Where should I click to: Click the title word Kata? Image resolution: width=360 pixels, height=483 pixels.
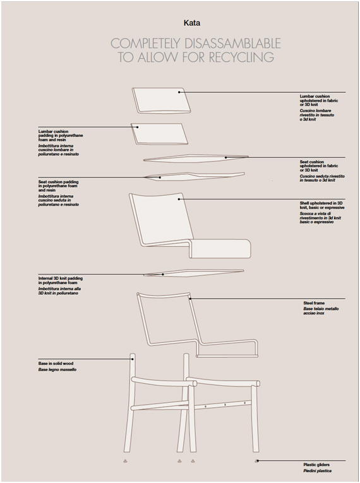click(192, 23)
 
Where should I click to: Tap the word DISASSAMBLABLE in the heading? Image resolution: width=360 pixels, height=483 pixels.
click(232, 44)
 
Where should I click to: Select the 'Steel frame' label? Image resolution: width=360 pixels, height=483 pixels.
click(314, 303)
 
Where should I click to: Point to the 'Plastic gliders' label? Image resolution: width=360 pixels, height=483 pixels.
click(316, 465)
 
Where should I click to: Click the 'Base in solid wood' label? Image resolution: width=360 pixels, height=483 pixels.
click(56, 364)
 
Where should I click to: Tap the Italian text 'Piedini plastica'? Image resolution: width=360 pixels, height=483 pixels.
click(317, 470)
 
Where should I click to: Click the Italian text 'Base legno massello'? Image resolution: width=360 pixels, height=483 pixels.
click(57, 369)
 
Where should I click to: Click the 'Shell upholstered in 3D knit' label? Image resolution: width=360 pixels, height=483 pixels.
click(322, 205)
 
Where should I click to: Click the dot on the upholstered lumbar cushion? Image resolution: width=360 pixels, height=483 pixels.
click(179, 92)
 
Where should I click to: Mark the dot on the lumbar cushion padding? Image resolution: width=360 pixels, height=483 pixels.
click(138, 127)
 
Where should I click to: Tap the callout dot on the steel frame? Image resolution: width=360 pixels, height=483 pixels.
click(190, 299)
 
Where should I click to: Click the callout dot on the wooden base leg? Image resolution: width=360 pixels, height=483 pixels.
click(133, 359)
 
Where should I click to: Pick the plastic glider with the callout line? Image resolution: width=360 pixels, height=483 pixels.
click(256, 461)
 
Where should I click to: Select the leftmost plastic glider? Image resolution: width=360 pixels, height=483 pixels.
click(125, 461)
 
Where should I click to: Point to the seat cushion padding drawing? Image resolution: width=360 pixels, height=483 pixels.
click(194, 176)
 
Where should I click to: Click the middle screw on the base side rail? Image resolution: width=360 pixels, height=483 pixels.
click(225, 405)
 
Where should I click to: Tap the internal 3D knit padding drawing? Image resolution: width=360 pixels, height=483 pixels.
click(193, 273)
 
